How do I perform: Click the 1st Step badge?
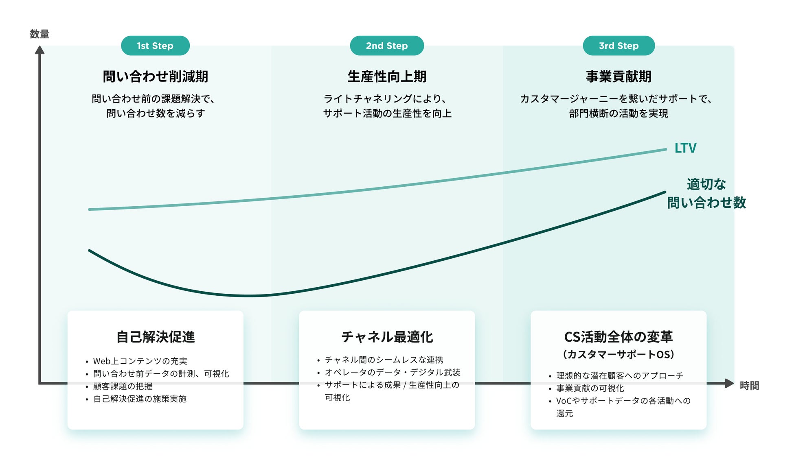click(x=155, y=46)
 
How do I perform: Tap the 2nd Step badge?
click(x=387, y=46)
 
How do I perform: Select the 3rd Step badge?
click(x=619, y=46)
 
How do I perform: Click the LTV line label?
click(x=685, y=148)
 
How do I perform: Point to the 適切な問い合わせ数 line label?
click(x=706, y=194)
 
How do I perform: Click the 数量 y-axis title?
click(x=39, y=34)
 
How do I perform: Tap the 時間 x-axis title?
click(x=749, y=386)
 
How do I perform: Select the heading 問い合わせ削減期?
click(x=155, y=76)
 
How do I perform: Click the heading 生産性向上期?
click(x=387, y=76)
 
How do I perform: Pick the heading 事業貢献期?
click(x=619, y=76)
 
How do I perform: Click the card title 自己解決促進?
click(x=155, y=337)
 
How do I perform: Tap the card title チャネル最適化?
click(x=387, y=337)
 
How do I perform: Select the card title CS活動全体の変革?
click(x=619, y=337)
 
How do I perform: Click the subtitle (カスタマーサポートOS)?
click(x=619, y=354)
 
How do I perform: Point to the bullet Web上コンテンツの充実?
click(x=140, y=361)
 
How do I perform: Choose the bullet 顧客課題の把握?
click(x=123, y=386)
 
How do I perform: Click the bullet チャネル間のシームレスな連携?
click(x=384, y=360)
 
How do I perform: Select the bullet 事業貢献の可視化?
click(x=590, y=388)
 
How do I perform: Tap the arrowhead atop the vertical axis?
click(x=39, y=50)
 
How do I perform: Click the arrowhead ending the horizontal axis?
click(x=729, y=383)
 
